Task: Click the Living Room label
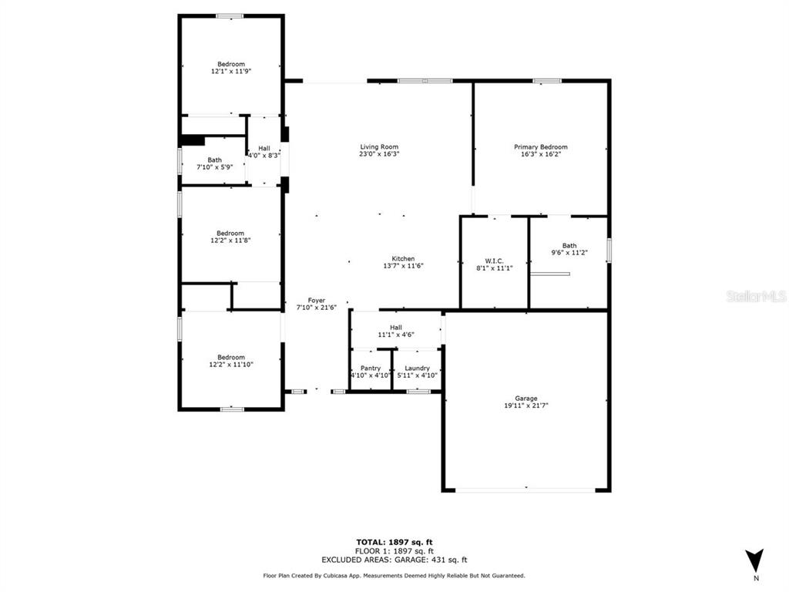click(379, 147)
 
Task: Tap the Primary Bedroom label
click(540, 147)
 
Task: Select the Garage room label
click(525, 399)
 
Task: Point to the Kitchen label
click(403, 259)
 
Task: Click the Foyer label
click(317, 301)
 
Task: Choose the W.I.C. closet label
click(494, 261)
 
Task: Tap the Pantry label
click(371, 368)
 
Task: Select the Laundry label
click(417, 368)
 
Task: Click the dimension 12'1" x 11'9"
click(231, 72)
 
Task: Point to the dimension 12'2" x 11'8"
click(230, 240)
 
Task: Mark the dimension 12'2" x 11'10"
click(231, 365)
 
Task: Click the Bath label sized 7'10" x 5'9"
click(214, 160)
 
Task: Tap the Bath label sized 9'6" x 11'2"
click(569, 246)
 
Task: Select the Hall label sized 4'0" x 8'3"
click(264, 149)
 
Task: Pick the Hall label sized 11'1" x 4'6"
click(396, 328)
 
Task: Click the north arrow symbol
click(755, 560)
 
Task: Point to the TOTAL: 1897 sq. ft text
click(394, 542)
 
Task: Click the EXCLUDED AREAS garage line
click(394, 560)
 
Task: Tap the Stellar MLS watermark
click(757, 297)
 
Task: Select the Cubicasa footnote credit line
click(394, 575)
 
